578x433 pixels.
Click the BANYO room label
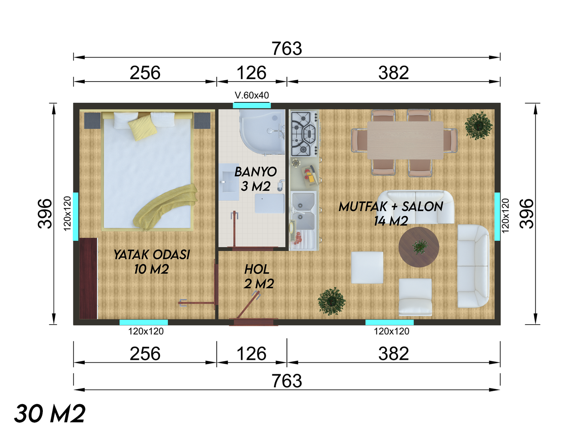(x=255, y=172)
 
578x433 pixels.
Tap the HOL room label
(x=257, y=269)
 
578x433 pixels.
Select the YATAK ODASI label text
(x=152, y=255)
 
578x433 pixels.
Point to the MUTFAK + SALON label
(x=391, y=207)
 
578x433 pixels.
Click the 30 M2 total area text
(x=50, y=413)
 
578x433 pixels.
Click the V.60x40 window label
(x=252, y=95)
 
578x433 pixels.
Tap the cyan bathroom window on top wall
(x=252, y=106)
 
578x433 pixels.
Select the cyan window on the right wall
(x=497, y=216)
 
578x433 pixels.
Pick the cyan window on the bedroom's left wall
(x=76, y=216)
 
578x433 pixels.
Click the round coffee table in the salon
(x=419, y=247)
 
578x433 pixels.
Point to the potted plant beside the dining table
(x=478, y=125)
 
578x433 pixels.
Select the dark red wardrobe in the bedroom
(x=88, y=279)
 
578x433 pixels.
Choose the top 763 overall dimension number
(x=287, y=49)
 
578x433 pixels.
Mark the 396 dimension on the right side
(x=527, y=214)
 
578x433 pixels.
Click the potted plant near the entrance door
(x=332, y=301)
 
